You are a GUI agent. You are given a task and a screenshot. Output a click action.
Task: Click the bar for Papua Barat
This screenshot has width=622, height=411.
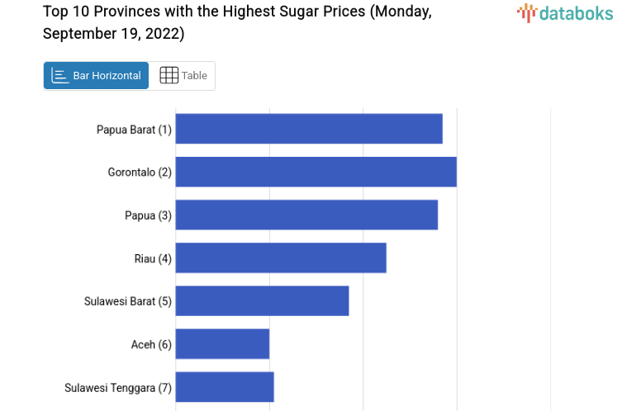tap(309, 129)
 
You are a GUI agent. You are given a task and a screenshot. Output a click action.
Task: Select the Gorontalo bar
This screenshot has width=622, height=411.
tap(316, 172)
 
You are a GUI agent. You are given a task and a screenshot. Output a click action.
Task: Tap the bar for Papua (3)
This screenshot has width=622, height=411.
tap(306, 215)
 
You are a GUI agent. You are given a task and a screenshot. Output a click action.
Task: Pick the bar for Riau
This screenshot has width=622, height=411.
tap(281, 257)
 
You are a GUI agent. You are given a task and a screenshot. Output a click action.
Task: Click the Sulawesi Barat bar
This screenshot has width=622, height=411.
tap(262, 300)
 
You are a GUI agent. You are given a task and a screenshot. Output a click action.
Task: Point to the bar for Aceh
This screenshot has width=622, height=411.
tap(222, 343)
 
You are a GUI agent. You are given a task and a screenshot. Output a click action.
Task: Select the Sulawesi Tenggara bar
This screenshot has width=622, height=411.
tap(225, 386)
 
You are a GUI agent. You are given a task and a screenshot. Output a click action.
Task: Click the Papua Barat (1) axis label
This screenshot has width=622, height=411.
tap(134, 130)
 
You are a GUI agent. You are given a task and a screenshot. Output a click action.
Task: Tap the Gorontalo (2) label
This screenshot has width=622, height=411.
tap(140, 172)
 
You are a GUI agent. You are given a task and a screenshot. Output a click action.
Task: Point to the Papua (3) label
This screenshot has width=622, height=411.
tap(148, 215)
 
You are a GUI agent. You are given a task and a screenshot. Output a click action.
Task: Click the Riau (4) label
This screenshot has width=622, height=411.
tap(153, 258)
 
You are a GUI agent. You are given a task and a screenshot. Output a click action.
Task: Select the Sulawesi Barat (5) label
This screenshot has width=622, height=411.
tap(127, 301)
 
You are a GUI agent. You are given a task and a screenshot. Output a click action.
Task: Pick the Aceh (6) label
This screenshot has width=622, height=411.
tap(151, 344)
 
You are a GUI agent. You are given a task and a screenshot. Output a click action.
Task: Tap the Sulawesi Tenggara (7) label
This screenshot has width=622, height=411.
tap(117, 387)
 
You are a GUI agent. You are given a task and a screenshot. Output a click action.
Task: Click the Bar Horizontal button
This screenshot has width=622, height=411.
tap(96, 76)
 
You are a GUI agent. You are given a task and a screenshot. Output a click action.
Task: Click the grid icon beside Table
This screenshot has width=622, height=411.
tap(169, 76)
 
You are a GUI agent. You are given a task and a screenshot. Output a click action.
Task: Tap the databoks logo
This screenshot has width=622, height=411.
tap(565, 12)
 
